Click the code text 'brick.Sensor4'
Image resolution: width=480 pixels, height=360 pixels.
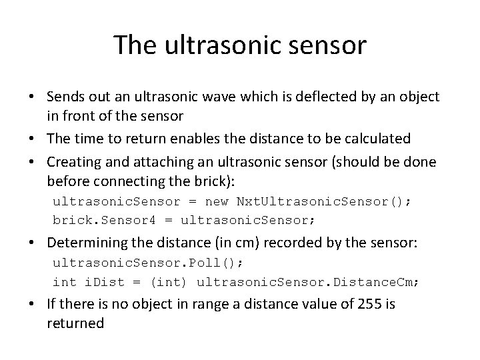pyautogui.click(x=94, y=219)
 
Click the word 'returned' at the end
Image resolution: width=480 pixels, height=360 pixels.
pyautogui.click(x=76, y=324)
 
